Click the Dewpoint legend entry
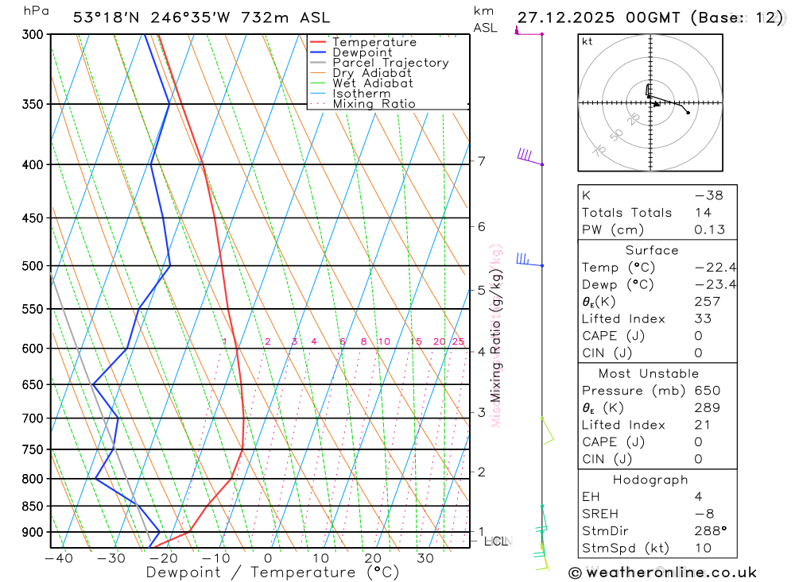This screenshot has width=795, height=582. (x=363, y=52)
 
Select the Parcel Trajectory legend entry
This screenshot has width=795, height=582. (x=390, y=63)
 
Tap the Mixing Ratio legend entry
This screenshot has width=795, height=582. (x=374, y=103)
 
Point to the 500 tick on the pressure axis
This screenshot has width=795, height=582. (x=33, y=266)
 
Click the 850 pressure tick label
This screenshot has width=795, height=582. (x=33, y=506)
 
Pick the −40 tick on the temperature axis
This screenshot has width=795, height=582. (x=59, y=558)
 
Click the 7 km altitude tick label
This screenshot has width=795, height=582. (x=482, y=161)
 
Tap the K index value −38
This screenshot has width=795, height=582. (x=708, y=195)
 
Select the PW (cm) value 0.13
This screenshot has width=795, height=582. (x=710, y=229)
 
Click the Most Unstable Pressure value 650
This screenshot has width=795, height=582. (x=708, y=391)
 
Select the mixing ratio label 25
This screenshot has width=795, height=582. (x=458, y=341)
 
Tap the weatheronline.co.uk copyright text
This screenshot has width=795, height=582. (x=662, y=572)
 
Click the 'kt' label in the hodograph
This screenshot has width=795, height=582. (x=588, y=42)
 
